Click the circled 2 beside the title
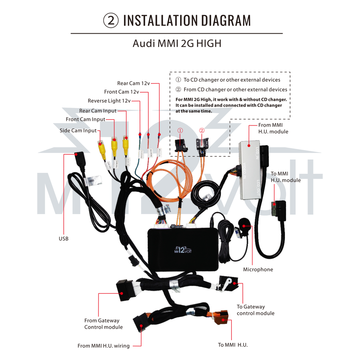111,21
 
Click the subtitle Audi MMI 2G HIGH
177,44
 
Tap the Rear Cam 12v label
134,83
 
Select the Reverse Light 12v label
109,101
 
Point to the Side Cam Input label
78,130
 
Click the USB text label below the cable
64,239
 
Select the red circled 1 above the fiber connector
180,130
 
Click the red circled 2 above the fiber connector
202,130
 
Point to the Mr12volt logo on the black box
183,249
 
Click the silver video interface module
250,170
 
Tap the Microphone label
258,269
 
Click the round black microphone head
244,224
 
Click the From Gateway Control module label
104,324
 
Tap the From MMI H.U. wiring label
104,346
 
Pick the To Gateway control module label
256,310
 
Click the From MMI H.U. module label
273,128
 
